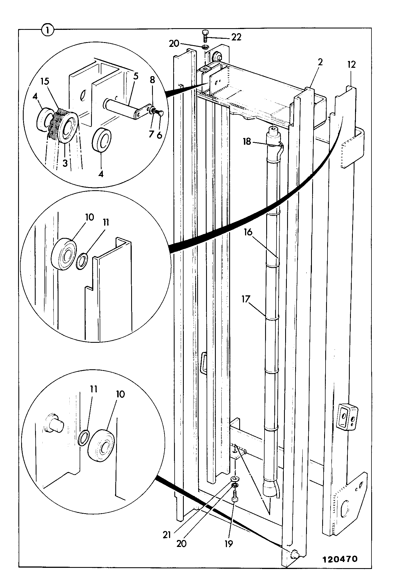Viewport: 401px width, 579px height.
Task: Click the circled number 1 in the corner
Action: [48, 30]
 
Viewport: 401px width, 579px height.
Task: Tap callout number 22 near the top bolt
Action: [236, 37]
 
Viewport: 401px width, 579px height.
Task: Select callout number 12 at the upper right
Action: [351, 65]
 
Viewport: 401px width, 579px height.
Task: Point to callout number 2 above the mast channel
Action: [320, 62]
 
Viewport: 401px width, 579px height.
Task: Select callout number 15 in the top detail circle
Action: [45, 81]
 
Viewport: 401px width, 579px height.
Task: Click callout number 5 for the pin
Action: [135, 76]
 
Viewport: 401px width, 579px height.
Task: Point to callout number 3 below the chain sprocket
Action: [65, 163]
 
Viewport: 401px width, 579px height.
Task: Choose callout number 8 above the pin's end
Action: [152, 80]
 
